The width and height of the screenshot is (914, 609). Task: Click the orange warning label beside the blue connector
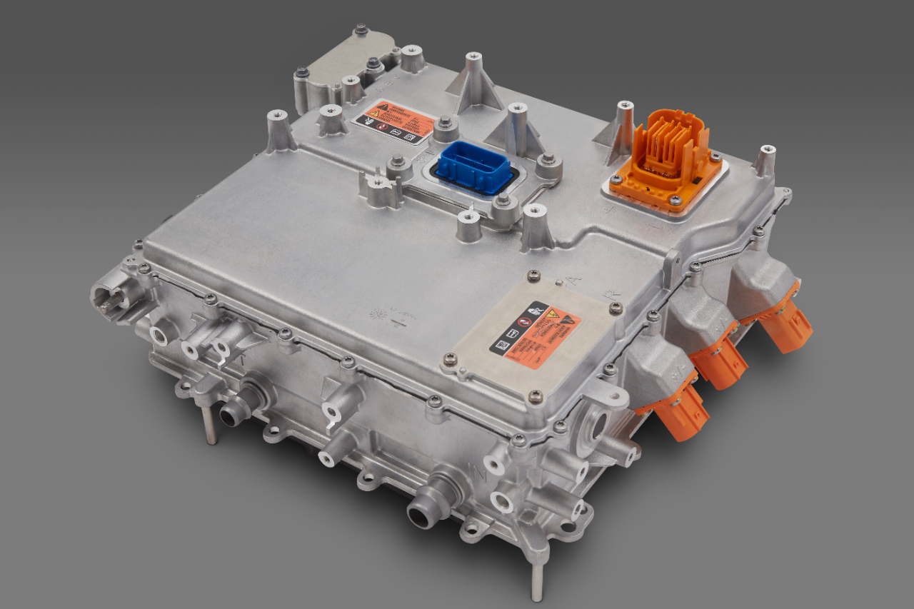(394, 121)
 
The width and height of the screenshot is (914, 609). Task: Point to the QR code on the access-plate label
(503, 345)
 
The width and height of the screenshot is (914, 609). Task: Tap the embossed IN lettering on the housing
(473, 472)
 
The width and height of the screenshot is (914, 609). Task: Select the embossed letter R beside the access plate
(610, 293)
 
